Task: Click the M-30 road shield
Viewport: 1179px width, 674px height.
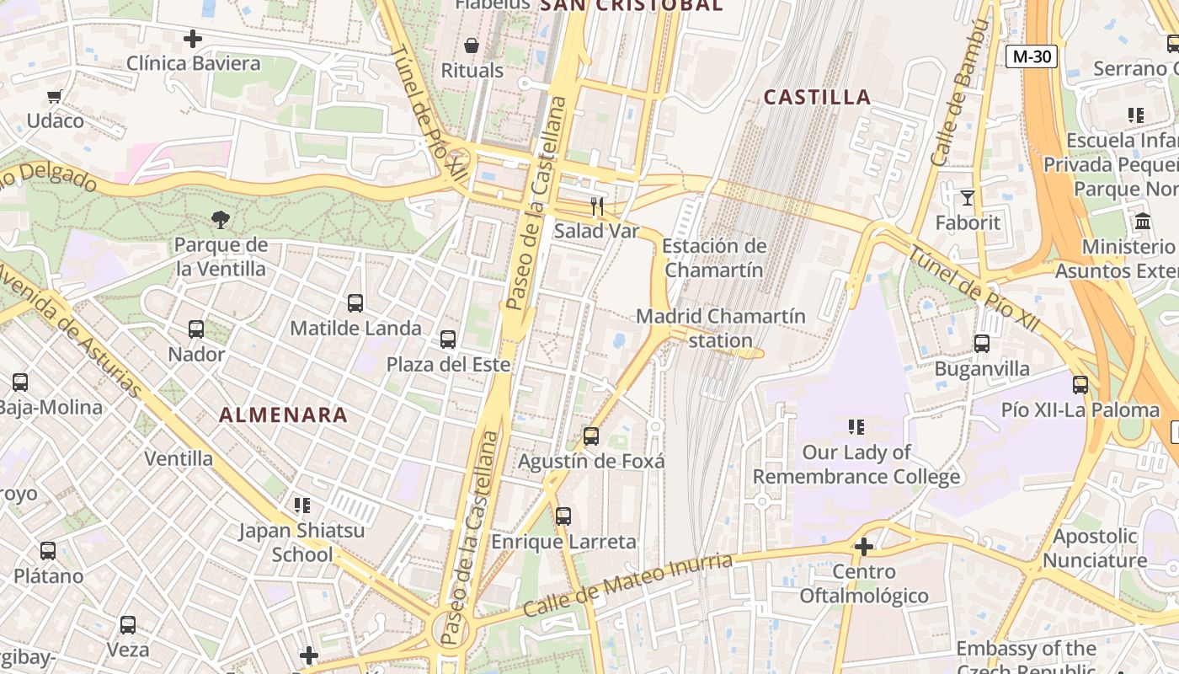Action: tap(1032, 56)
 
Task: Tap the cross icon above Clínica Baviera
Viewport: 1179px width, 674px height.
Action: tap(193, 39)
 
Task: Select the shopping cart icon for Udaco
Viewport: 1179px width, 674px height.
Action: tap(55, 96)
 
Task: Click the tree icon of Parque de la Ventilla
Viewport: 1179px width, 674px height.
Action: tap(221, 220)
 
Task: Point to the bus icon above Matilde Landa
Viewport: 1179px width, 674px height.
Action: tap(355, 303)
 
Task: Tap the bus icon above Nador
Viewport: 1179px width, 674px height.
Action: tap(196, 329)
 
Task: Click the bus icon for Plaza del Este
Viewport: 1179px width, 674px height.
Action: tap(448, 340)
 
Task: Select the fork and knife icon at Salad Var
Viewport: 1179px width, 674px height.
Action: tap(597, 206)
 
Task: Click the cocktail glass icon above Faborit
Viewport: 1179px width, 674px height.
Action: tap(967, 198)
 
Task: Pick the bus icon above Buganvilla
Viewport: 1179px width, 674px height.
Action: tap(982, 344)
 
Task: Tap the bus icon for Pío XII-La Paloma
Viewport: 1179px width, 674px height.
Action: tap(1080, 385)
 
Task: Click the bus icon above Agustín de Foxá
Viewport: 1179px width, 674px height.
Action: tap(591, 436)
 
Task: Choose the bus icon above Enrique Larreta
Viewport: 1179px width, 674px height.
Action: tap(563, 516)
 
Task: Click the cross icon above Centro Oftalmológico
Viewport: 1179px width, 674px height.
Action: tap(863, 548)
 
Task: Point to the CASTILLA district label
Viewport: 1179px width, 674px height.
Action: tap(817, 97)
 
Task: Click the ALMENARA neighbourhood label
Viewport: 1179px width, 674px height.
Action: tap(284, 415)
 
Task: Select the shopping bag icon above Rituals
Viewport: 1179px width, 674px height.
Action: tap(472, 45)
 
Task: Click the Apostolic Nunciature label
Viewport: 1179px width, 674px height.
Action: tap(1095, 548)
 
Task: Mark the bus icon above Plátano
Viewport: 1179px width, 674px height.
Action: tap(48, 552)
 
